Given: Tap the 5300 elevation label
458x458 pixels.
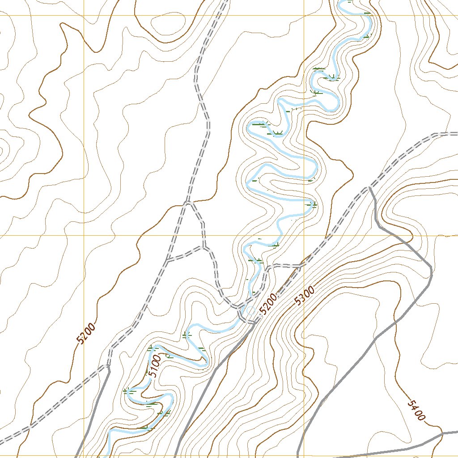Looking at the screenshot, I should click(305, 296).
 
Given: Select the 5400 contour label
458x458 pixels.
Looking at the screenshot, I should click(416, 411).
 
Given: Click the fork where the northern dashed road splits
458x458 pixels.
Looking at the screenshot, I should click(188, 202).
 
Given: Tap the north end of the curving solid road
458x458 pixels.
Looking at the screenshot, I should click(370, 188).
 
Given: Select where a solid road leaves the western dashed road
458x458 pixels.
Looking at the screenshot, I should click(108, 367).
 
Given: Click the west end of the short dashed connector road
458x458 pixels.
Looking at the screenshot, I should click(167, 260).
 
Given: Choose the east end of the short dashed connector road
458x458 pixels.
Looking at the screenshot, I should click(204, 246).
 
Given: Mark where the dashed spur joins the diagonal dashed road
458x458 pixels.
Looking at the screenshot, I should click(301, 265).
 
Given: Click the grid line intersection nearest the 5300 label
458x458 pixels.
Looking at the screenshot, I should click(304, 235).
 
